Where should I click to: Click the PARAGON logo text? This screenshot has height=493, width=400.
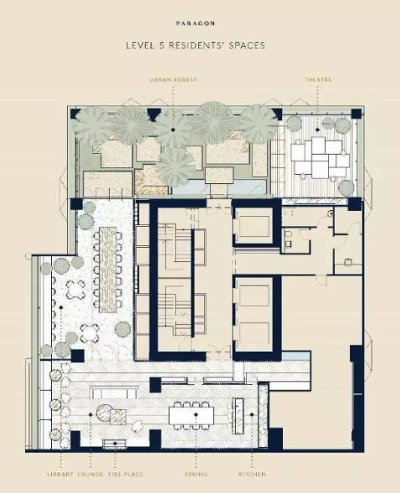tap(196, 23)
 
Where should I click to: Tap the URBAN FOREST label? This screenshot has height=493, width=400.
tap(173, 80)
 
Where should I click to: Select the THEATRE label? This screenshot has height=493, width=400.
tap(318, 80)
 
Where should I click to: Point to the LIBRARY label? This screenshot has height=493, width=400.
tap(60, 474)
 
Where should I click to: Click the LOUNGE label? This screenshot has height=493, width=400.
tap(90, 474)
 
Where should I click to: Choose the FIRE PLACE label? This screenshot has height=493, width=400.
tap(126, 474)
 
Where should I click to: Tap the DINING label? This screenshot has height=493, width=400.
tap(196, 474)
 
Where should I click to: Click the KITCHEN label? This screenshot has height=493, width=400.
tap(252, 474)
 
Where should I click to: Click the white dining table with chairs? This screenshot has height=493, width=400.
tap(192, 415)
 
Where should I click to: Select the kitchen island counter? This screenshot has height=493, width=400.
tap(238, 416)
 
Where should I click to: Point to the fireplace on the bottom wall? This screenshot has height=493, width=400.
tap(115, 444)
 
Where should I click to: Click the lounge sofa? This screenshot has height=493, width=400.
tap(114, 393)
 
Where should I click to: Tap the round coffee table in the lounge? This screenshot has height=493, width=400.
tap(104, 413)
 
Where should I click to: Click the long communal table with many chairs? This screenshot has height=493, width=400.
tap(108, 270)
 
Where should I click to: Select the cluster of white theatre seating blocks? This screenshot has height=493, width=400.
tap(320, 157)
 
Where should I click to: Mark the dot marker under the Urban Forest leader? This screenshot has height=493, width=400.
tap(172, 130)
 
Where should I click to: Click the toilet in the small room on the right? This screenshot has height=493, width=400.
tap(348, 262)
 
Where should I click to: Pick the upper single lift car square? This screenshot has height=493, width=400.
tap(254, 225)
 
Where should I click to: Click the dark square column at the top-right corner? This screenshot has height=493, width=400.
tap(356, 114)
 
